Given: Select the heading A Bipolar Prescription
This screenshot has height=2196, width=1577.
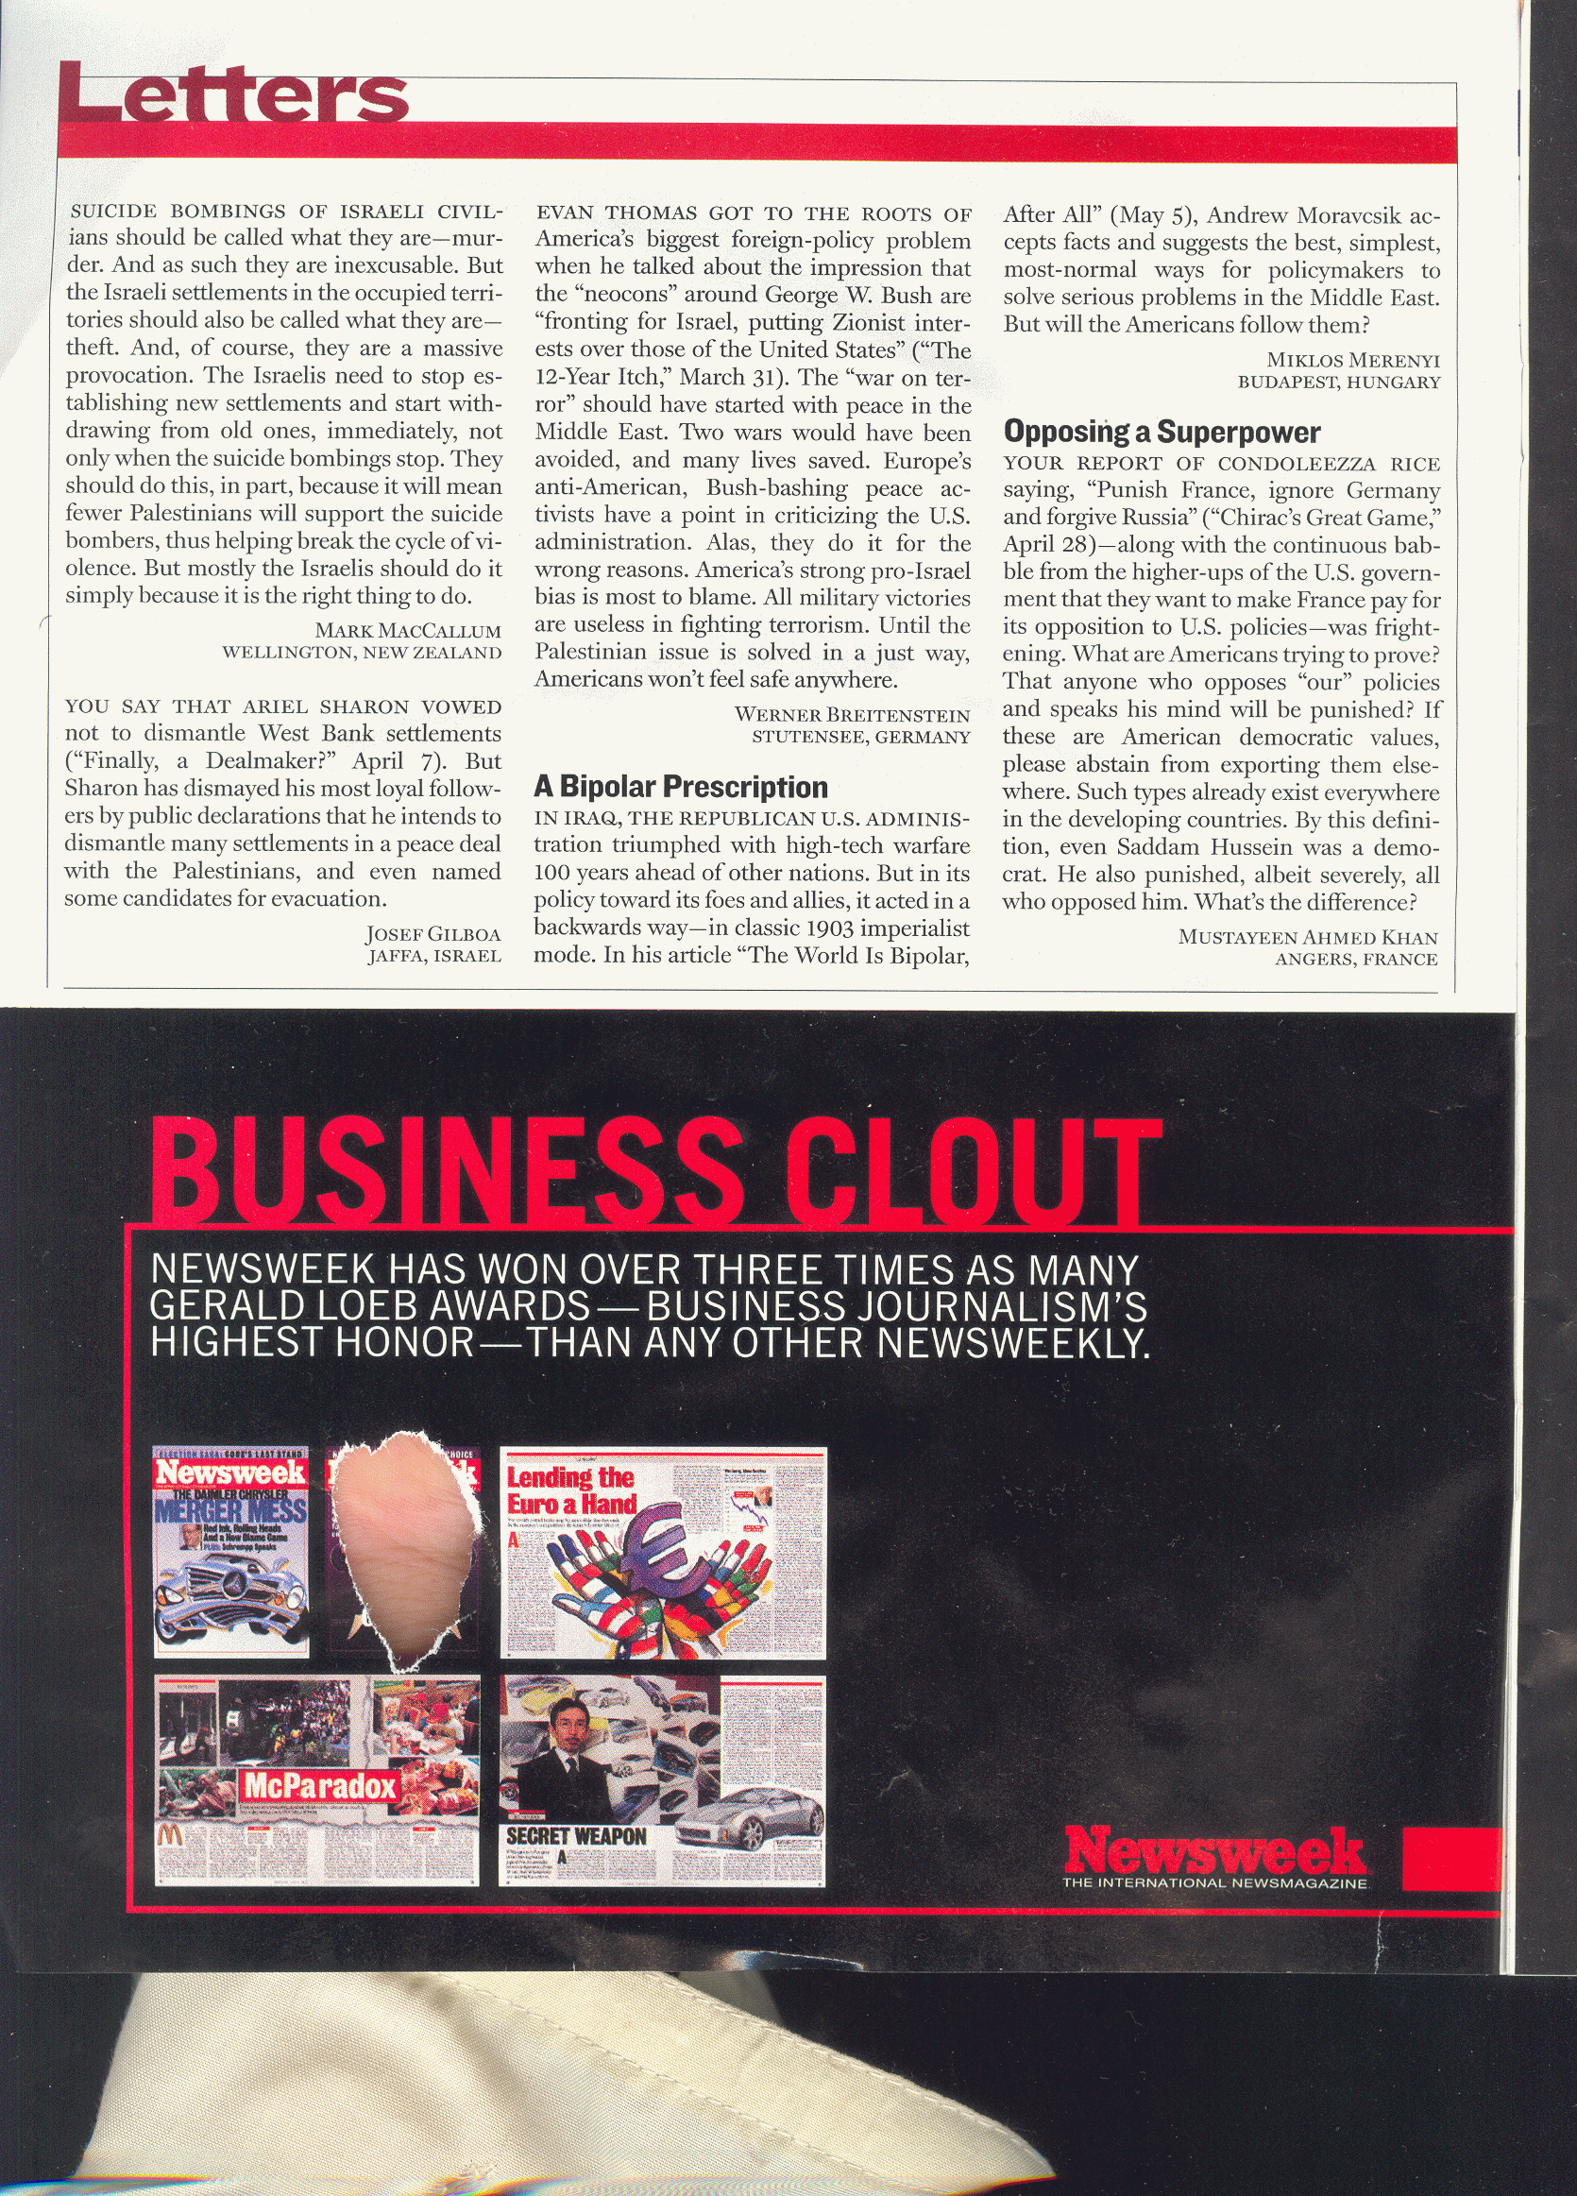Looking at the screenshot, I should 681,787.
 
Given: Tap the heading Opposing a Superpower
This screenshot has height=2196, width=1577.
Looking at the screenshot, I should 1162,432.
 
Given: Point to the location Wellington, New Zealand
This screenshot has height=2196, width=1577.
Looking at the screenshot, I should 362,653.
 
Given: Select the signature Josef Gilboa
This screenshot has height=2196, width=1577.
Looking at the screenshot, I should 432,934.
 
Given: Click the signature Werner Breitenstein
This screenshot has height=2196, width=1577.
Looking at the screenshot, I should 852,716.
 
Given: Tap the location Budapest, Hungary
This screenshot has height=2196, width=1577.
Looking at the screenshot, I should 1339,383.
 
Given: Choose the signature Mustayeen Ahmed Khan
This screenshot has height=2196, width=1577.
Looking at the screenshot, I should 1308,937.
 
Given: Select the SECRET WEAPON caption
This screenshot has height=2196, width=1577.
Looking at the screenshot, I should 576,1837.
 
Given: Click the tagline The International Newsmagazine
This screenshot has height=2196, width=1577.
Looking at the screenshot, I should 1215,1883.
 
